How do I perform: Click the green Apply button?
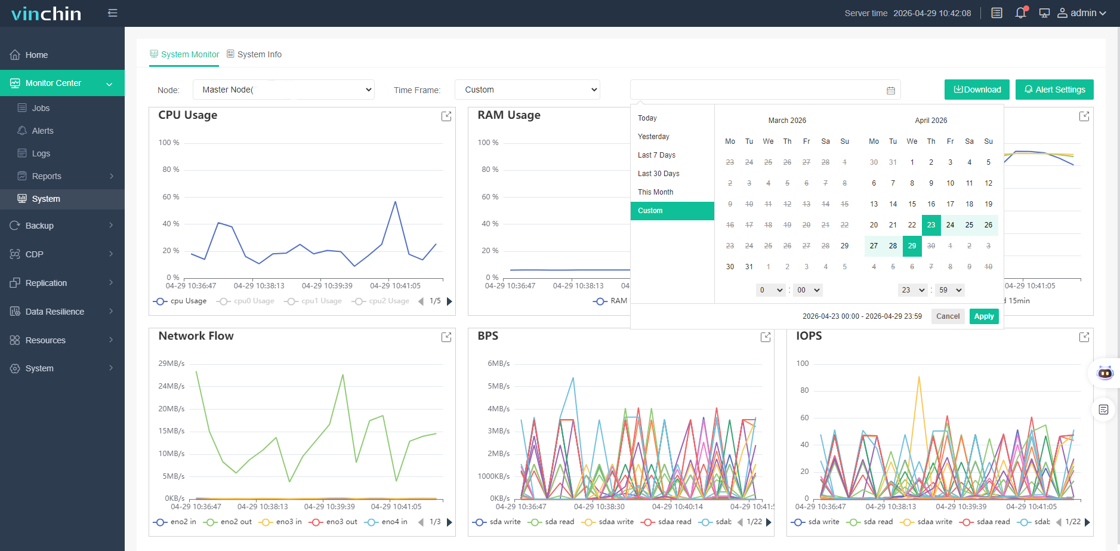tap(984, 316)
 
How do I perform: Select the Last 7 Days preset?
tap(656, 155)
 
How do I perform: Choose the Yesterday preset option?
tap(653, 137)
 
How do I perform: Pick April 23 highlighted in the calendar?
tap(931, 225)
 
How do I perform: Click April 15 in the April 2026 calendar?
tap(912, 204)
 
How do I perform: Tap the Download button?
tap(977, 90)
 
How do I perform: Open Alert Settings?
tap(1054, 90)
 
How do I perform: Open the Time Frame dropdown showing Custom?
tap(527, 90)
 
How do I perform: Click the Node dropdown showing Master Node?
tap(283, 90)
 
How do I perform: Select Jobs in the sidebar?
tap(41, 108)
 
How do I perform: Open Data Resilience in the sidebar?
tap(55, 312)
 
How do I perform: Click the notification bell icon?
tap(1021, 13)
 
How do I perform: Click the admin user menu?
tap(1082, 13)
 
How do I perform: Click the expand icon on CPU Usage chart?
tap(446, 116)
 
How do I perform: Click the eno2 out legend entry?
tap(228, 522)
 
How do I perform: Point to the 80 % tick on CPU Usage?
tap(171, 170)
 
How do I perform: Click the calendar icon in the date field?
tap(891, 91)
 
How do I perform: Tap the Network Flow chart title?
tap(196, 336)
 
